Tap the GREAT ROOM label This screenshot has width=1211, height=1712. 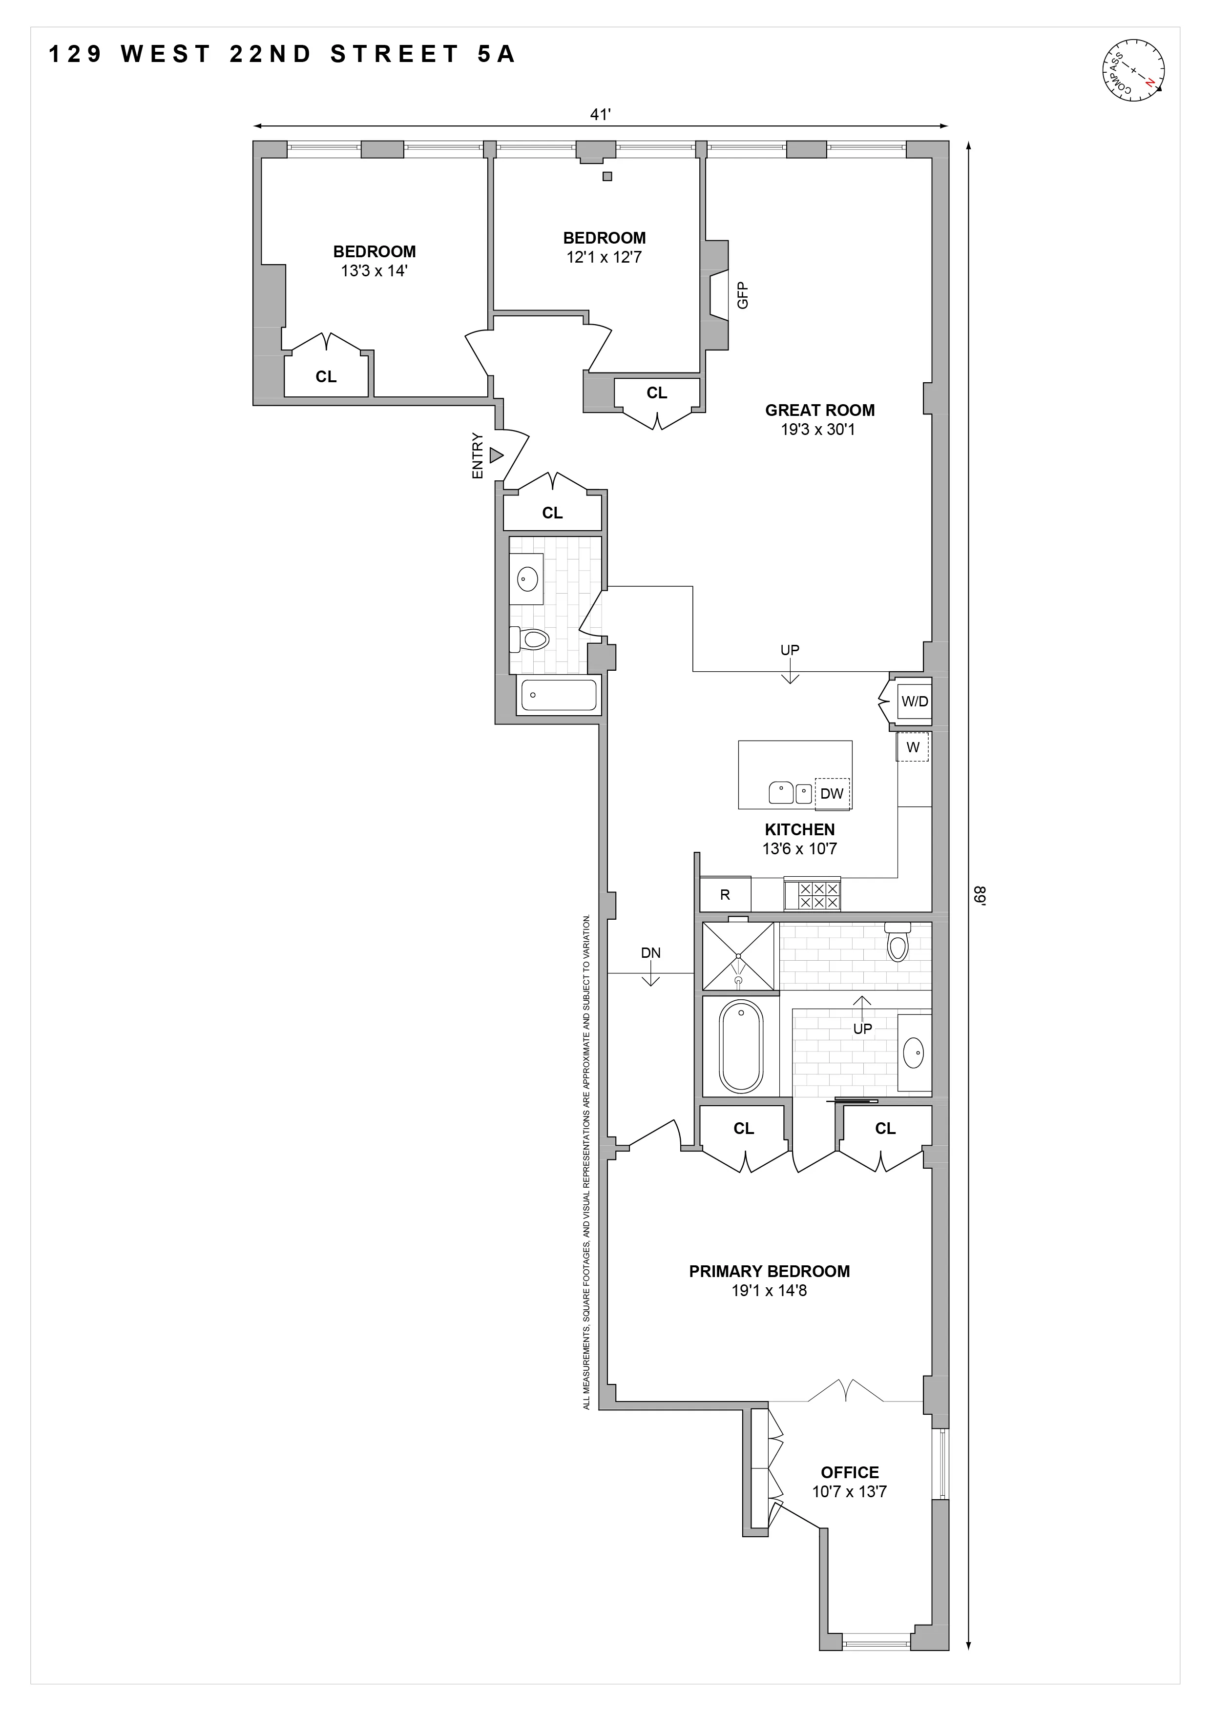click(x=819, y=410)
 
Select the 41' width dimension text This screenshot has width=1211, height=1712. click(x=600, y=114)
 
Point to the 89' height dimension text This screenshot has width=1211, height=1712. click(x=980, y=894)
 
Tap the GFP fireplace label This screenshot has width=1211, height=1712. click(x=742, y=295)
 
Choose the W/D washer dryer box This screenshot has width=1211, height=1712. click(x=914, y=701)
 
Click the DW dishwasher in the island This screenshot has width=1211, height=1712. click(x=832, y=793)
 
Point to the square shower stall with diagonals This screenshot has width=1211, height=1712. click(x=738, y=956)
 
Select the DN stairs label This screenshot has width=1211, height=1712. click(x=650, y=952)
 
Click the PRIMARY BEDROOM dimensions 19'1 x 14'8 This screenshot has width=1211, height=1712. click(x=769, y=1290)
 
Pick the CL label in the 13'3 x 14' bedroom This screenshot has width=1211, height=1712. click(x=326, y=376)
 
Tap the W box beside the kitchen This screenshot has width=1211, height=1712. click(x=913, y=747)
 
